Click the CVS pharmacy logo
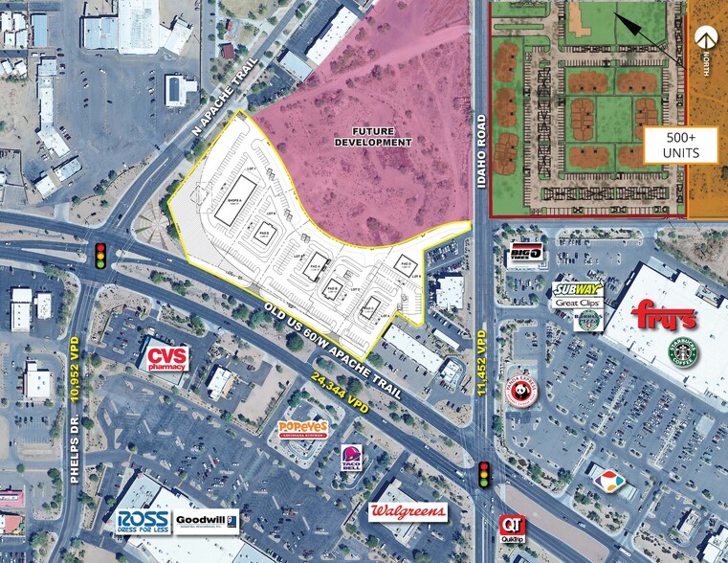point(166,358)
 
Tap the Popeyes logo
point(302,429)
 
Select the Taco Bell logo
point(350,459)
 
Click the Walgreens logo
point(408,511)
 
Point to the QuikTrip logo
point(512,529)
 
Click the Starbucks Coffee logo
point(682,353)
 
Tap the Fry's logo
point(664,317)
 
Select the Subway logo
point(576,287)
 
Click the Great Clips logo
point(576,302)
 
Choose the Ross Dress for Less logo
point(143,521)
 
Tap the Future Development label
point(373,136)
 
